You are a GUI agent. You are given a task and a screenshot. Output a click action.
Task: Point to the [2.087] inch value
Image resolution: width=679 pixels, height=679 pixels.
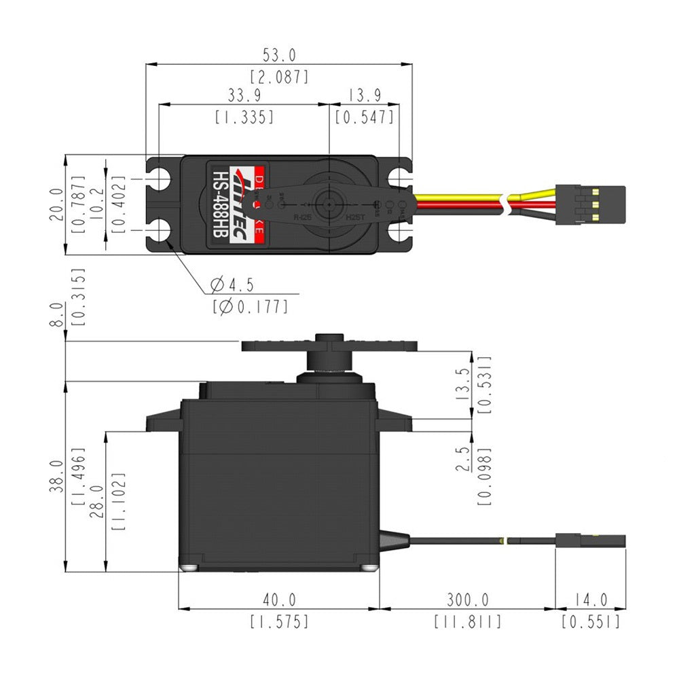tap(279, 76)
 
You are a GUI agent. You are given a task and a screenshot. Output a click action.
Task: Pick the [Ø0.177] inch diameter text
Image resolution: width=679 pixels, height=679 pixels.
tap(250, 306)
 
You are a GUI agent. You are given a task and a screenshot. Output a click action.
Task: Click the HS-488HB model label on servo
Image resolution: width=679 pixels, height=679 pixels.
tap(220, 203)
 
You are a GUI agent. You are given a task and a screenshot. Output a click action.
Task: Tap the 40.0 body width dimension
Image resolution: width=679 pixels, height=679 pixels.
tap(279, 600)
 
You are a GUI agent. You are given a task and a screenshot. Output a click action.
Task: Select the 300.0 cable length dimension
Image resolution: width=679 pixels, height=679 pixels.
tap(467, 600)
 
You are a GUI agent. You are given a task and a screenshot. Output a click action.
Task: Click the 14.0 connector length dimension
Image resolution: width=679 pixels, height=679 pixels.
tap(589, 600)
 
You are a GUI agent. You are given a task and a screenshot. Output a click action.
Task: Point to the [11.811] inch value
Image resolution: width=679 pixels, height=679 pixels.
tap(467, 621)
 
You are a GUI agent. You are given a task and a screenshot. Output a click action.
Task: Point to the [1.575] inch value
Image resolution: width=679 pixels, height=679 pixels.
tap(279, 621)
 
